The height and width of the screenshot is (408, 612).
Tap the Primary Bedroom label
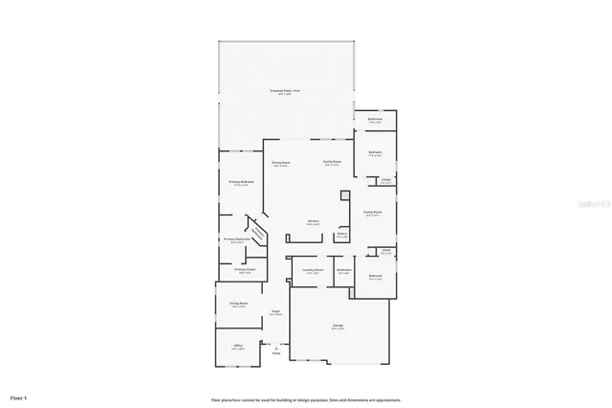point(241,182)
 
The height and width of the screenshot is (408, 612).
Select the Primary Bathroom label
point(235,239)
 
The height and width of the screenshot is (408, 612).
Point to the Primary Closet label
point(245,270)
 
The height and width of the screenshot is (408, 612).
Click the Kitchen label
point(313,222)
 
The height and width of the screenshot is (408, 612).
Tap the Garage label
point(339,327)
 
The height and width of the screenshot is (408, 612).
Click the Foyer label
point(274,311)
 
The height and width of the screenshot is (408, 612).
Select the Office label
point(237,346)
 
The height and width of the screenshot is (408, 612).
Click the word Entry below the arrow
point(276,353)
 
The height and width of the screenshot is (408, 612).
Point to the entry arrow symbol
point(276,347)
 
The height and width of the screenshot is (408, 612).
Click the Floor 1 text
point(19,397)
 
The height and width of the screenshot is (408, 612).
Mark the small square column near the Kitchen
point(345,193)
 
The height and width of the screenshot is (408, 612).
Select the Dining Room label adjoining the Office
point(238,304)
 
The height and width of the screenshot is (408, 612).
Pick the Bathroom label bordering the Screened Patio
point(376,120)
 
